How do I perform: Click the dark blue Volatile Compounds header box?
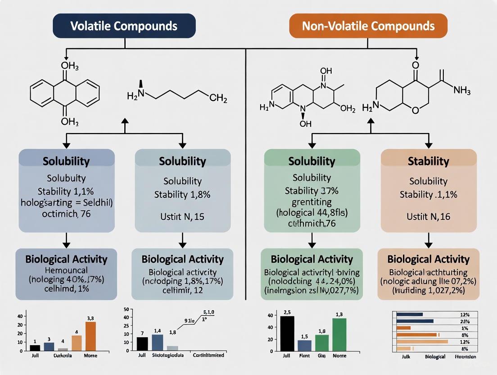click(125, 25)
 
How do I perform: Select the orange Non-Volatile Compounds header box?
click(368, 25)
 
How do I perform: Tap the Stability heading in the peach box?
click(429, 161)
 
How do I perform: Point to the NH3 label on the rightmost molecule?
click(462, 91)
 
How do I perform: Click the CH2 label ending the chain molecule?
click(218, 98)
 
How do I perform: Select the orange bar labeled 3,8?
click(90, 336)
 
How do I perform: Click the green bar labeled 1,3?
click(339, 334)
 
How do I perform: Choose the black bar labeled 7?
click(142, 343)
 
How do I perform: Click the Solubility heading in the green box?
click(312, 161)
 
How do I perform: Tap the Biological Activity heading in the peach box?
click(429, 259)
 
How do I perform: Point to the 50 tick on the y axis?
click(126, 309)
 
